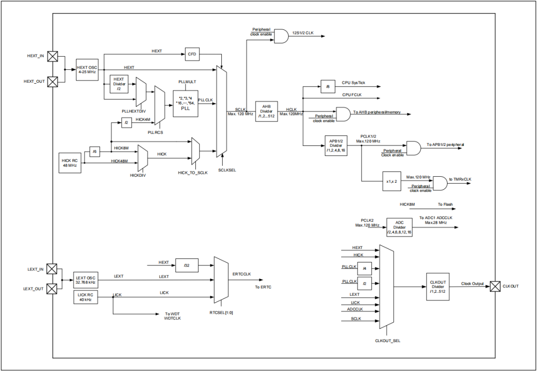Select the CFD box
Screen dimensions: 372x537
[x=192, y=54]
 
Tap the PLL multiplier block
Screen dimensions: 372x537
[x=185, y=104]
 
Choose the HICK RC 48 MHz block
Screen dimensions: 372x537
[x=70, y=162]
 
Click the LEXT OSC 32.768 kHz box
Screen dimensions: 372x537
[x=86, y=280]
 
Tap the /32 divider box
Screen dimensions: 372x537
[x=187, y=266]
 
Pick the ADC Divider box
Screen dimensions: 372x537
[x=399, y=227]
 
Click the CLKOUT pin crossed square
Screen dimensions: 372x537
[x=495, y=286]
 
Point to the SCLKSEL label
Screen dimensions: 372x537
[x=227, y=170]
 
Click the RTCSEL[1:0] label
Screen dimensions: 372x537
[x=221, y=312]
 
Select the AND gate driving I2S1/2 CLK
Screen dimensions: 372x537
[x=281, y=36]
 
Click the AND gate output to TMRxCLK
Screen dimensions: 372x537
[x=440, y=184]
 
